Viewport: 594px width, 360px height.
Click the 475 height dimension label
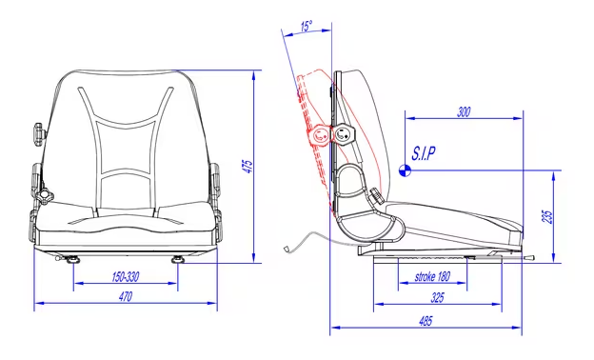point(247,167)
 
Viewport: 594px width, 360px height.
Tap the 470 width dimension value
point(126,296)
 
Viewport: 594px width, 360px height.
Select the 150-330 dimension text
point(125,277)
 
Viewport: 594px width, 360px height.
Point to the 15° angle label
point(307,27)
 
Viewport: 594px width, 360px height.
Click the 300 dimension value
point(464,112)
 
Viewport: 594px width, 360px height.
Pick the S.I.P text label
point(424,153)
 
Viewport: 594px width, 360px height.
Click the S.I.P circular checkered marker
point(405,170)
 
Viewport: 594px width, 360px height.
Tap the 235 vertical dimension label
point(548,217)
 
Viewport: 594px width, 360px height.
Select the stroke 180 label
point(432,276)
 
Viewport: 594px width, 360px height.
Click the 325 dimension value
point(437,297)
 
